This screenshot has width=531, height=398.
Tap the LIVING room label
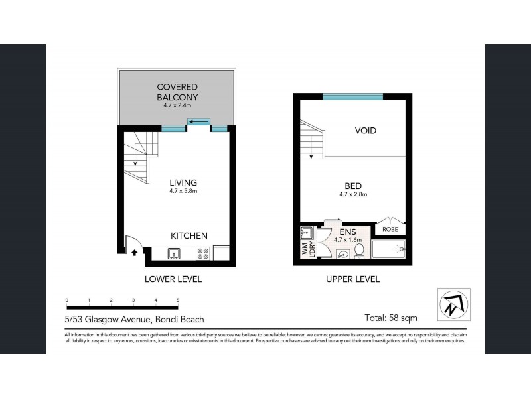(x=183, y=182)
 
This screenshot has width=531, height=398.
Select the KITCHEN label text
(x=189, y=235)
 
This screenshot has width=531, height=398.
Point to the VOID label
(x=365, y=131)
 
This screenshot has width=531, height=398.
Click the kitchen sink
(x=174, y=253)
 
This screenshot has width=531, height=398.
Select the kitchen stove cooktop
(x=202, y=253)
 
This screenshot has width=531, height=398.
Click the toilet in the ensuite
(x=358, y=251)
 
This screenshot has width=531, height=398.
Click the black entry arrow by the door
(x=136, y=252)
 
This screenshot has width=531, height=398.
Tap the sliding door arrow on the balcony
(x=198, y=121)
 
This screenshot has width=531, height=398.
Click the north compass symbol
(x=453, y=304)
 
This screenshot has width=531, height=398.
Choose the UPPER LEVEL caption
(x=352, y=279)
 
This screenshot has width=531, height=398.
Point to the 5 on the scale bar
(x=178, y=300)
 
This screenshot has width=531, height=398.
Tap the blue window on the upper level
(x=352, y=97)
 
